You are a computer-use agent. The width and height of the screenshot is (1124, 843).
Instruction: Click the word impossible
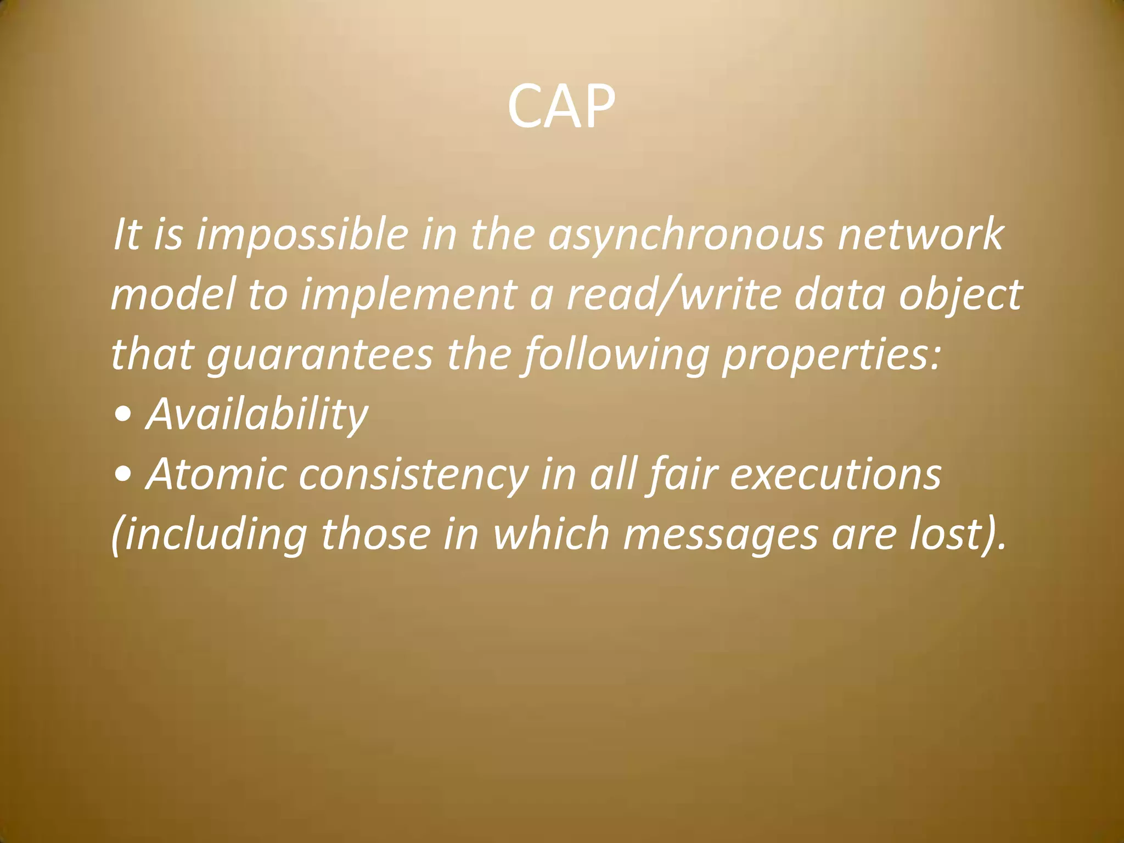coord(302,235)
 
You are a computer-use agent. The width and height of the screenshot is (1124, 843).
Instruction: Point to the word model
coord(173,295)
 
